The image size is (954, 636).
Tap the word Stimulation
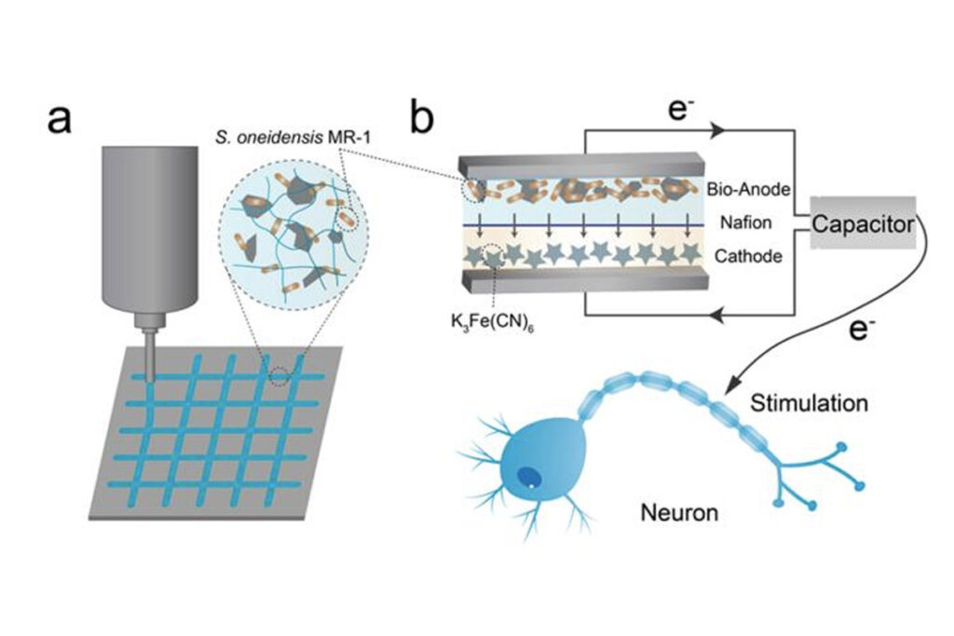[x=808, y=404]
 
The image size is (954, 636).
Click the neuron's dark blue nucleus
[x=528, y=474]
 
